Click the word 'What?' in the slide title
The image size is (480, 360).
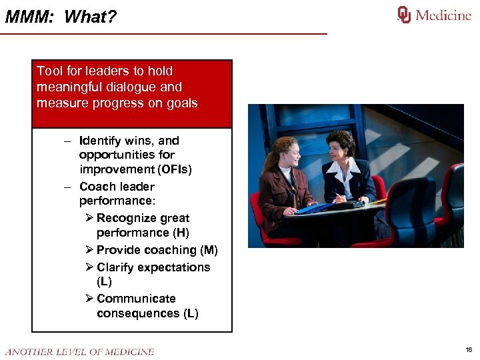[90, 17]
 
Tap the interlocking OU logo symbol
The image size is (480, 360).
[405, 15]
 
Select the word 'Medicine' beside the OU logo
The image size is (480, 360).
[443, 15]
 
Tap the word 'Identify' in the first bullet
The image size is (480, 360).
[100, 141]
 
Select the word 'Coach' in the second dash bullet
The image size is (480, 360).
[97, 187]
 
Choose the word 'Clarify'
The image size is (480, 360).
[117, 267]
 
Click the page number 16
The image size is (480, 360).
[469, 350]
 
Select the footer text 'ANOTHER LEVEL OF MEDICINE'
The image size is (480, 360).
[79, 351]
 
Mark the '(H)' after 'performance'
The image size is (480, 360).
[180, 233]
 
